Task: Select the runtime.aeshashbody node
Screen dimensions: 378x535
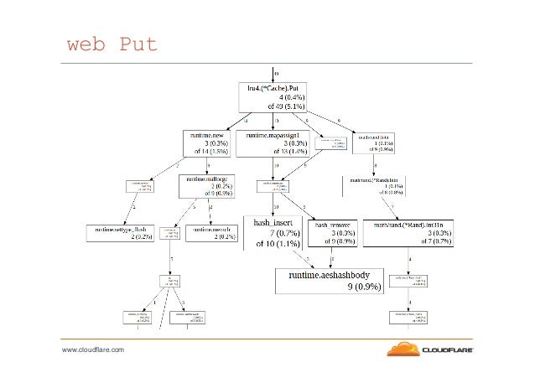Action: (x=335, y=280)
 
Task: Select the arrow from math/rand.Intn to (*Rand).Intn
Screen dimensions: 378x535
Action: (x=378, y=164)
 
